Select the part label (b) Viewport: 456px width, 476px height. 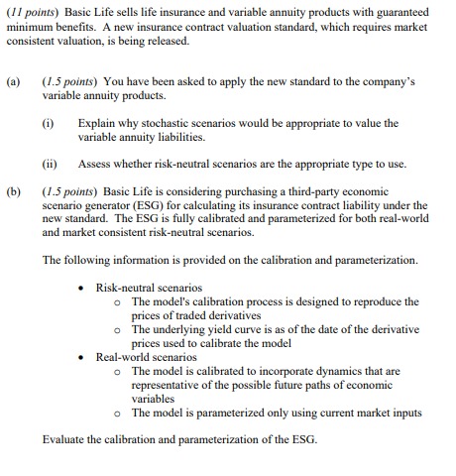[x=15, y=190]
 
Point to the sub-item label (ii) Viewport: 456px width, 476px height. [x=51, y=163]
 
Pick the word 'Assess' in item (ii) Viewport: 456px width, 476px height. [x=95, y=163]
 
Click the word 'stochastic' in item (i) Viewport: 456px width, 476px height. [x=175, y=123]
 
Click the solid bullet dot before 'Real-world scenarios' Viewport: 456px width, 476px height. [x=81, y=357]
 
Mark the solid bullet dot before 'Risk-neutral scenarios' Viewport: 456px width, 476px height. [x=81, y=288]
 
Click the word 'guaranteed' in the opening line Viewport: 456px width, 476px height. [x=398, y=11]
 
